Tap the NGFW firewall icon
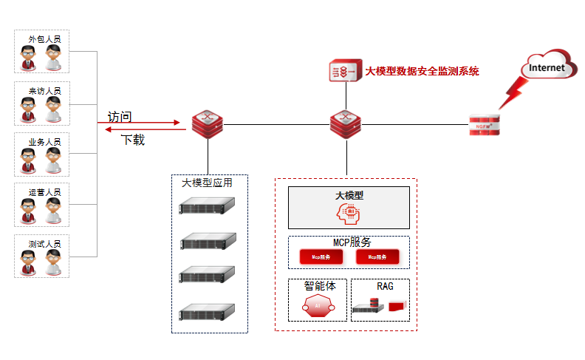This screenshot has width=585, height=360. (485, 125)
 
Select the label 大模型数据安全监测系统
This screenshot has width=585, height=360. (422, 72)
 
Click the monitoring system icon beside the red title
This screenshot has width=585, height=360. (343, 72)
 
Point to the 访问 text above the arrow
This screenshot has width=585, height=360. (120, 116)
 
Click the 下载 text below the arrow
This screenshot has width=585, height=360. (133, 140)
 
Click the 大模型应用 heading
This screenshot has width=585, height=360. (208, 183)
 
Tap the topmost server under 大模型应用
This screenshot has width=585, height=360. (208, 208)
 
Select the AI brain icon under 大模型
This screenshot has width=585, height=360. (349, 213)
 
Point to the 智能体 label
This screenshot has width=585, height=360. (319, 285)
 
